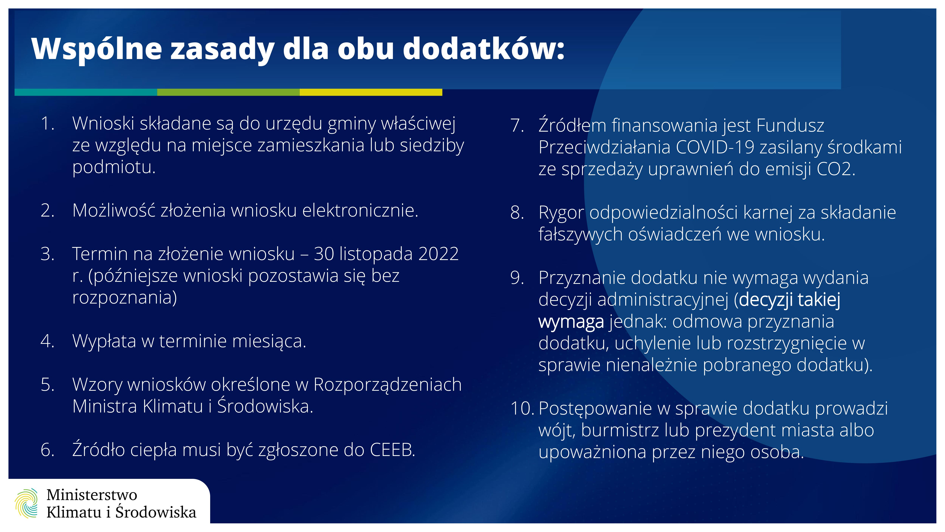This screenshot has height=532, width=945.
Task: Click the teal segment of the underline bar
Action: coord(86,92)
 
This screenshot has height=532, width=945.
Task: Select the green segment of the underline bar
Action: coord(229,92)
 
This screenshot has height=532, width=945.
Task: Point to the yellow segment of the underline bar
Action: coord(371,92)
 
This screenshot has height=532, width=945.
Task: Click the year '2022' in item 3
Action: coord(438,254)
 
